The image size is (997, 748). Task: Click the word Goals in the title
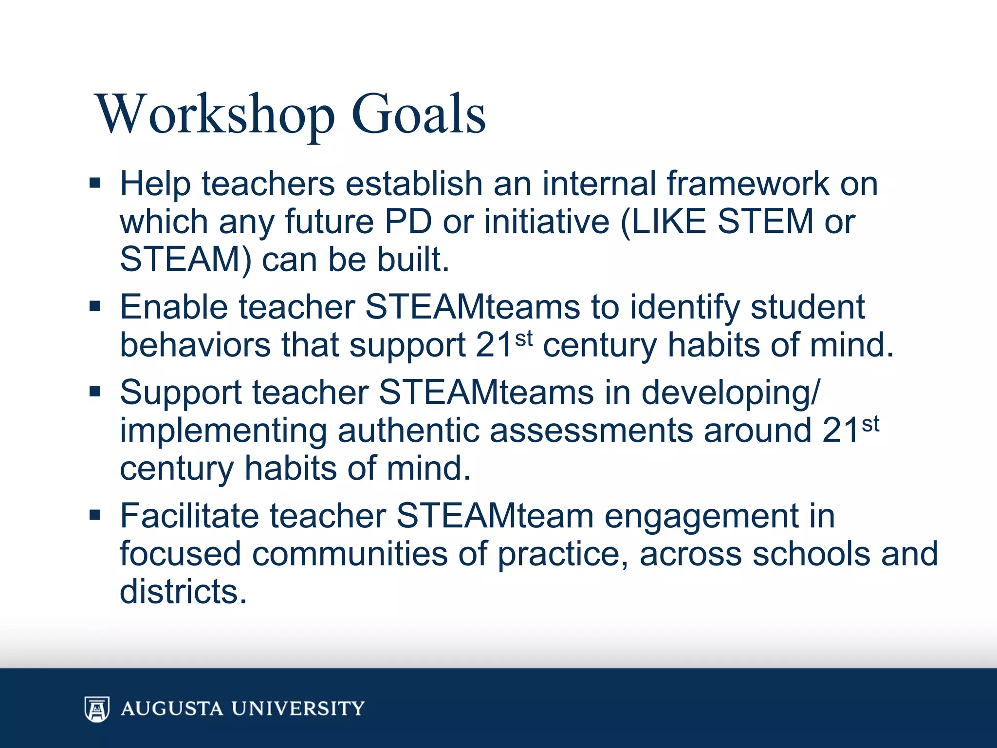(x=418, y=114)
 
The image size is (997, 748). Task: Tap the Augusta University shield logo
(x=97, y=709)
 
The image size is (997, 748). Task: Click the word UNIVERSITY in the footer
(x=297, y=709)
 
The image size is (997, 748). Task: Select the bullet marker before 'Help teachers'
(x=94, y=184)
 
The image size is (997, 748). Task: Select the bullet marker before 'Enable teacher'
(x=94, y=306)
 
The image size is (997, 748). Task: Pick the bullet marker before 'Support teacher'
(x=94, y=392)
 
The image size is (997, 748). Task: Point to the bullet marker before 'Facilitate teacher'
(x=94, y=515)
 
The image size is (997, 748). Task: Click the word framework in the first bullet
(x=747, y=184)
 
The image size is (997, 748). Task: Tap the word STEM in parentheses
(x=765, y=222)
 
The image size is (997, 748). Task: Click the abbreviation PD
(x=408, y=222)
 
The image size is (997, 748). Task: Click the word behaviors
(x=195, y=345)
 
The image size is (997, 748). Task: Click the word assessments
(x=591, y=430)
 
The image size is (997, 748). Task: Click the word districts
(x=183, y=591)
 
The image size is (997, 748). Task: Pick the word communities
(x=349, y=554)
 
